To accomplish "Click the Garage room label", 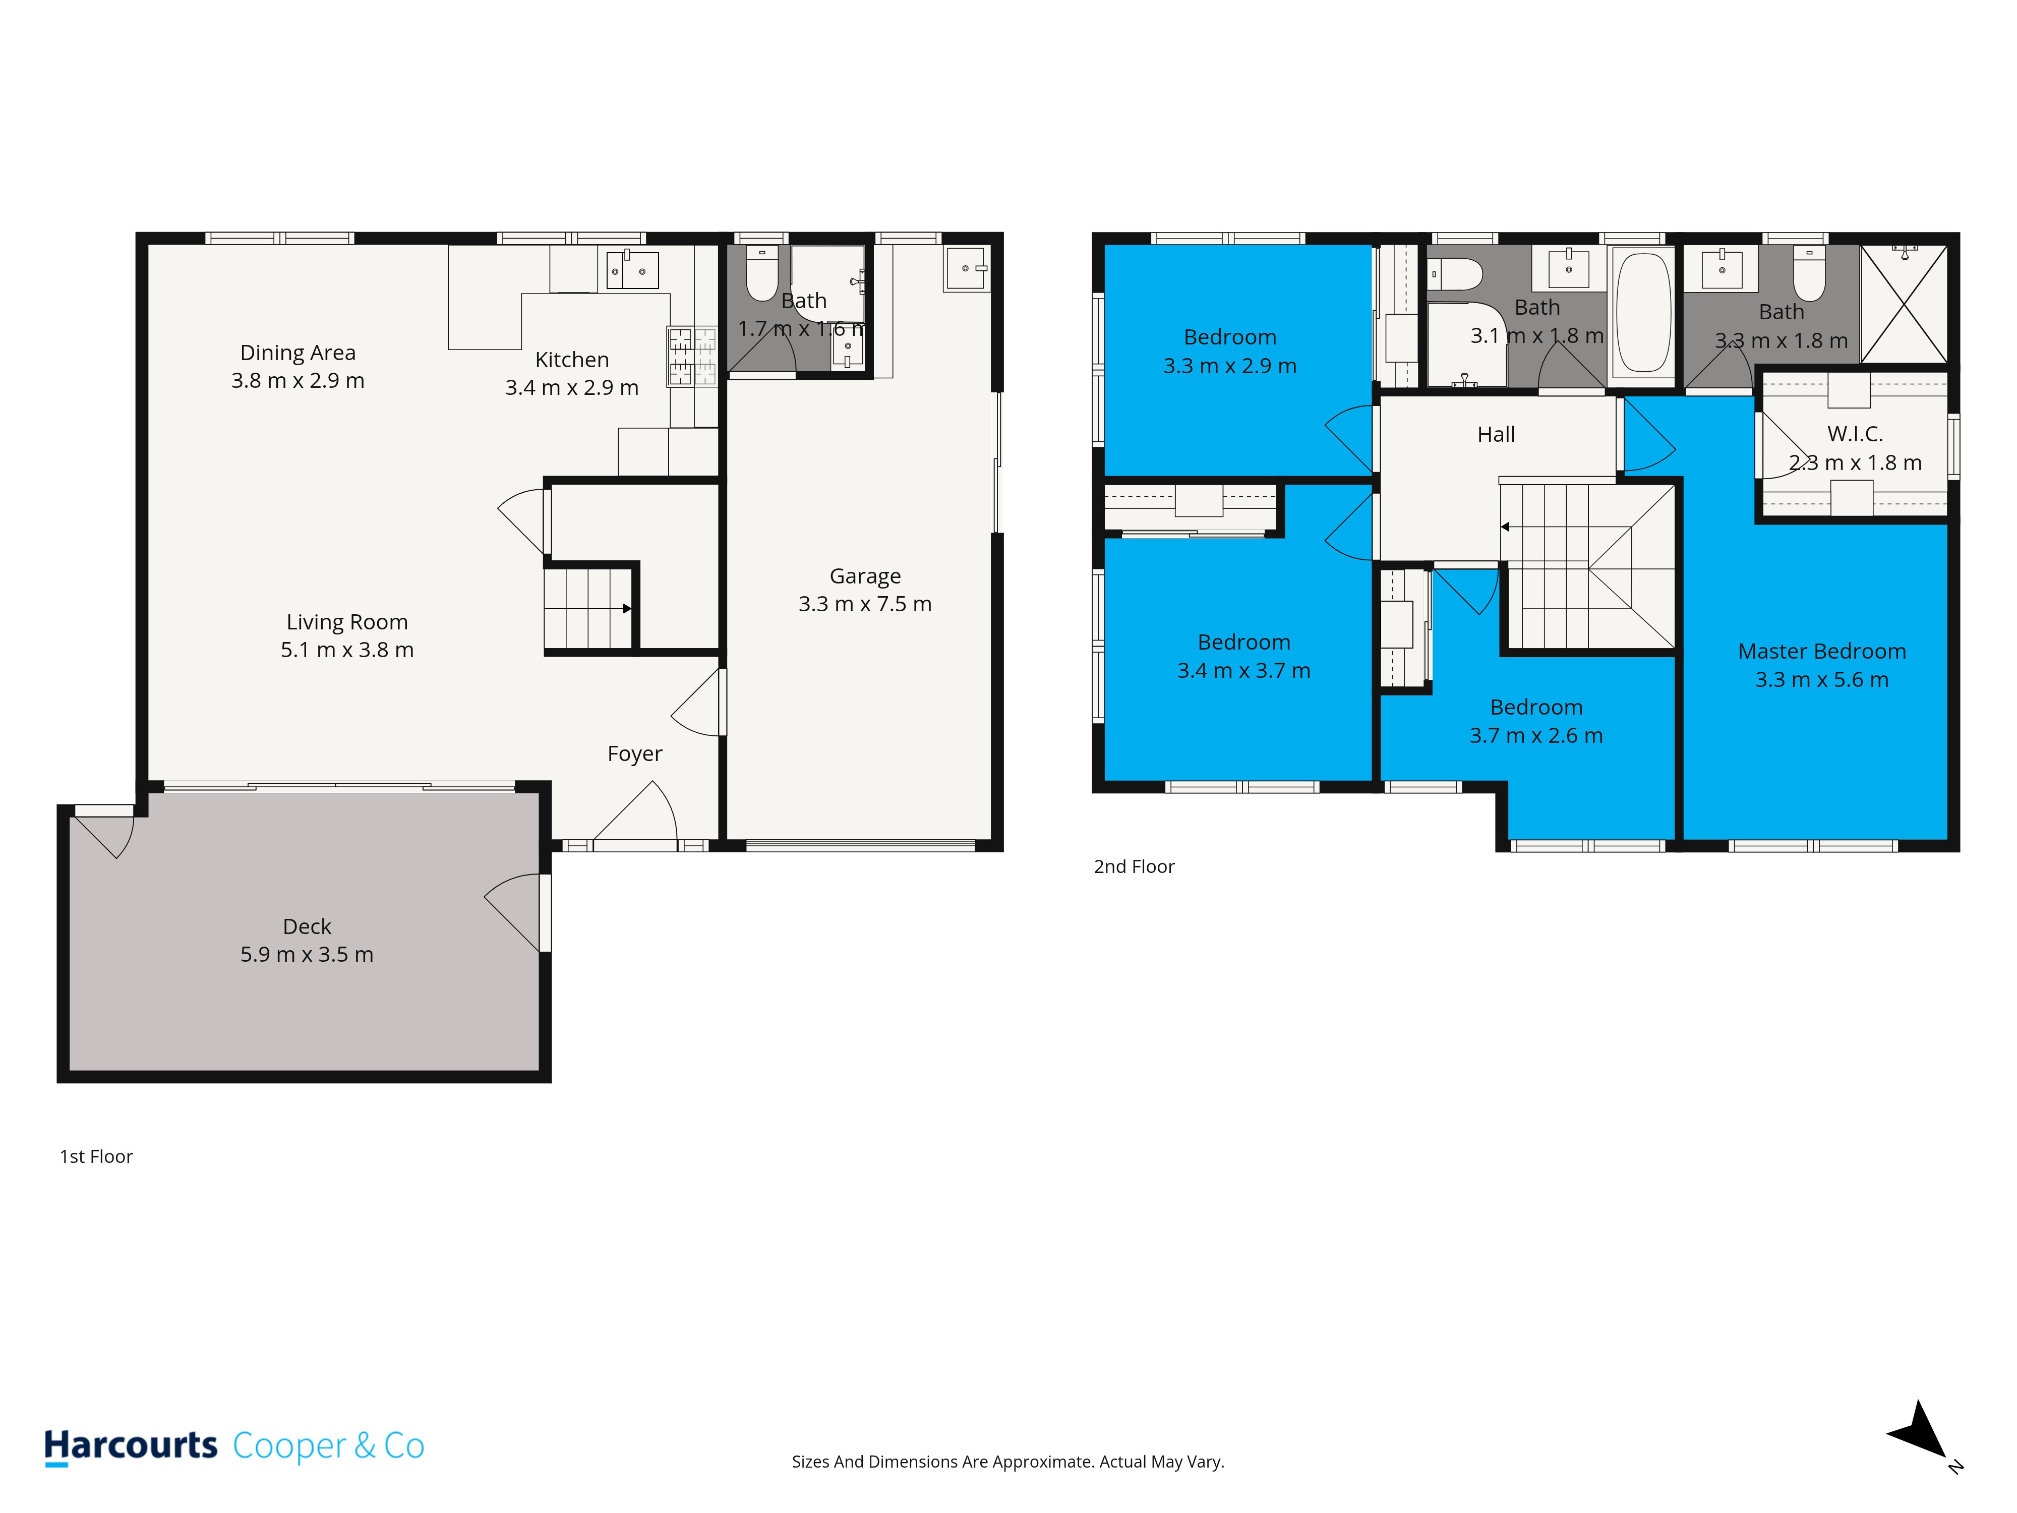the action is pyautogui.click(x=864, y=576).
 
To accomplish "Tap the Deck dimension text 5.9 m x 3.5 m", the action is pyautogui.click(x=307, y=955).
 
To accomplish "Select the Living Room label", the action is pyautogui.click(x=346, y=622).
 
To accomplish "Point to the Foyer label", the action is pyautogui.click(x=635, y=754).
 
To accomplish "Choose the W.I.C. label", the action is pyautogui.click(x=1855, y=434).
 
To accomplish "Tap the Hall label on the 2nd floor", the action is pyautogui.click(x=1496, y=434).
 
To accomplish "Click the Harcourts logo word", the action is pyautogui.click(x=131, y=1445).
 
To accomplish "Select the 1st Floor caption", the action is pyautogui.click(x=96, y=1156).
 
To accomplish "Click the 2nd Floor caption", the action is pyautogui.click(x=1134, y=866).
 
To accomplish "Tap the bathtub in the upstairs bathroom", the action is pyautogui.click(x=1643, y=312).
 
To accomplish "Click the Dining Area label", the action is pyautogui.click(x=298, y=353).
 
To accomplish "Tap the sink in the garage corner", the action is pyautogui.click(x=966, y=268).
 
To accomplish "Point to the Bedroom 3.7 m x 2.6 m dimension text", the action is pyautogui.click(x=1535, y=736).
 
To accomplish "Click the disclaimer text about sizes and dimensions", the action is pyautogui.click(x=1007, y=1462).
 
